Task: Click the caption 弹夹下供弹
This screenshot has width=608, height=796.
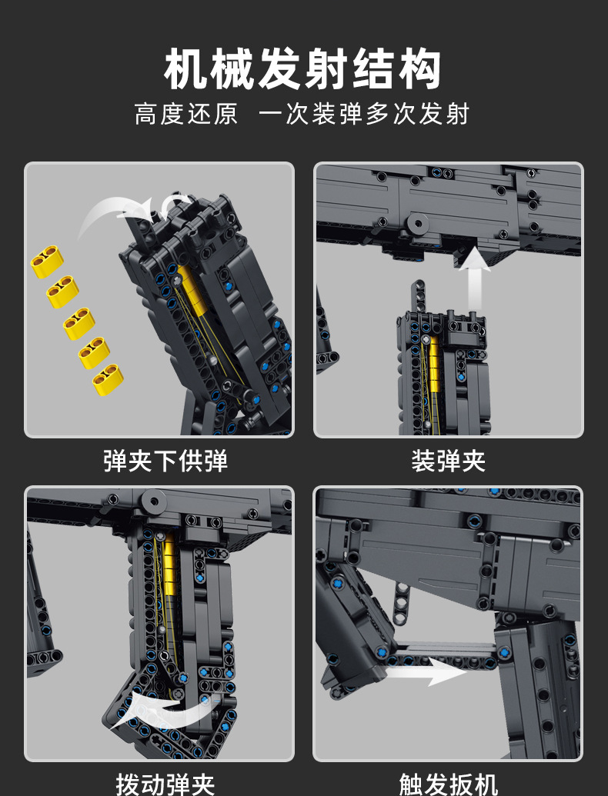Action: pyautogui.click(x=165, y=461)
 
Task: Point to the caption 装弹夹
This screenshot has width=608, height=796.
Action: pyautogui.click(x=448, y=461)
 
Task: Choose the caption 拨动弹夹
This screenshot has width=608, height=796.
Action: pyautogui.click(x=165, y=783)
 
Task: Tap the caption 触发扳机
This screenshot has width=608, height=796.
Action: pyautogui.click(x=448, y=783)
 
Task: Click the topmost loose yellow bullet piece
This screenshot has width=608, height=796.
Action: pyautogui.click(x=48, y=261)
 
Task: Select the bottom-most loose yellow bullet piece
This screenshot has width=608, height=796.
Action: pyautogui.click(x=108, y=379)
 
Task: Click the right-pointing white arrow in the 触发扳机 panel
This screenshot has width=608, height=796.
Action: pyautogui.click(x=431, y=671)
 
